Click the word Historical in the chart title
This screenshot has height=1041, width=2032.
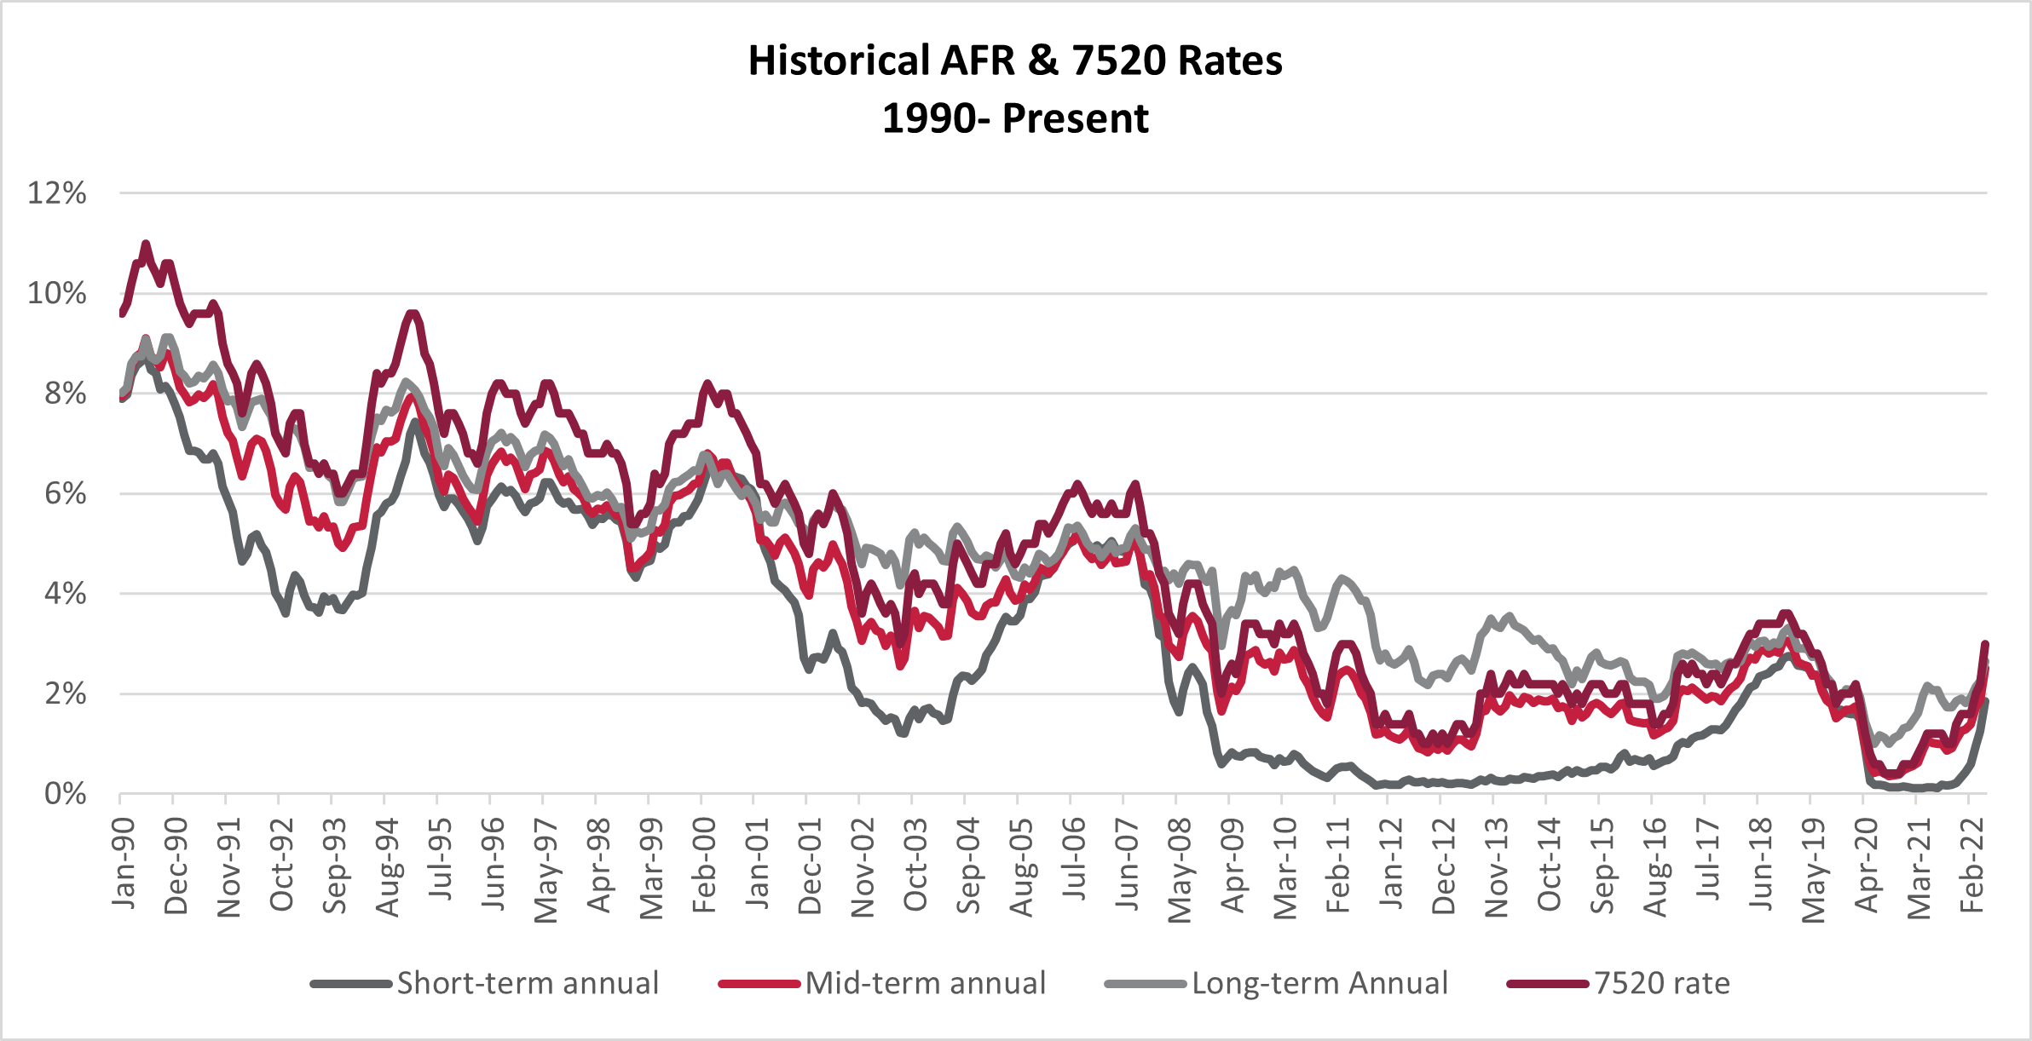[x=838, y=61]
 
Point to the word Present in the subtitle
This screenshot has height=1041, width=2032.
[x=1075, y=118]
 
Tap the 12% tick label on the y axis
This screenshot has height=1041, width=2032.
[x=57, y=193]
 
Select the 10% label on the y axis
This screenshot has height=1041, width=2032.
[x=57, y=294]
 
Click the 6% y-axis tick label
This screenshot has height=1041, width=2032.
[x=65, y=494]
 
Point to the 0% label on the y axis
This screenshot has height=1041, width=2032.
[x=65, y=794]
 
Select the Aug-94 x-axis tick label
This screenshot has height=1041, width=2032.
[x=389, y=867]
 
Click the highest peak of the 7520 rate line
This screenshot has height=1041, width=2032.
[x=146, y=244]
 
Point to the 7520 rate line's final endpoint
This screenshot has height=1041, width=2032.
[x=1985, y=644]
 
